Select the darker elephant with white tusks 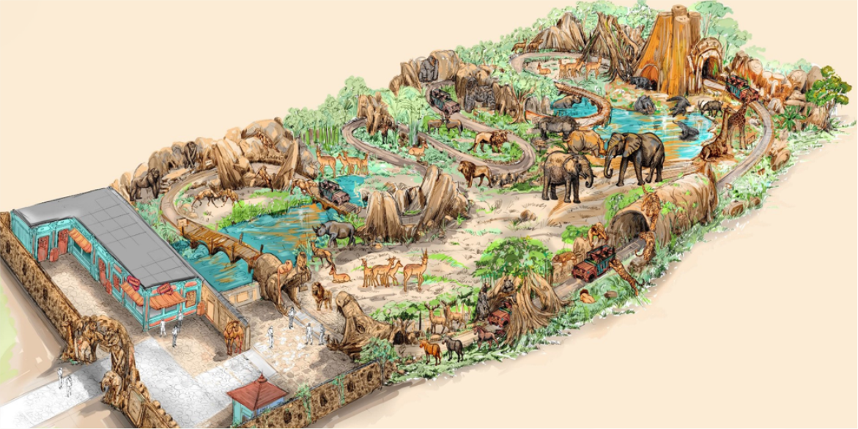635,155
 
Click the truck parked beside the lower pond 336,192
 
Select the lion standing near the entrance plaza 321,294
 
